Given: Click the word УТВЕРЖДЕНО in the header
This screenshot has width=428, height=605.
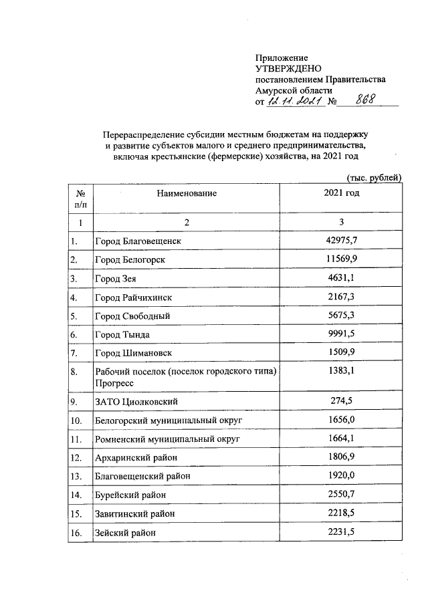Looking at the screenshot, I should point(289,69).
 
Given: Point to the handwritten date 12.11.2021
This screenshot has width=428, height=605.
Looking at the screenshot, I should point(295,101).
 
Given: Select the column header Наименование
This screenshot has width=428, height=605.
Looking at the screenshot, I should point(187,193).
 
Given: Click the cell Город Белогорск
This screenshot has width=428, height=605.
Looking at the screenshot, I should point(130,259).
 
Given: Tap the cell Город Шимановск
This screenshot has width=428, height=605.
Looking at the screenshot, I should point(134,352).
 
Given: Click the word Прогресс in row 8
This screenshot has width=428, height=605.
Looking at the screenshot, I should point(114,383).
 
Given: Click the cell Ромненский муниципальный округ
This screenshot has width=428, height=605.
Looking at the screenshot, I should point(168,439).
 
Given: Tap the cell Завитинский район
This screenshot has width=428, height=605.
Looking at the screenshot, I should point(136,514).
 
